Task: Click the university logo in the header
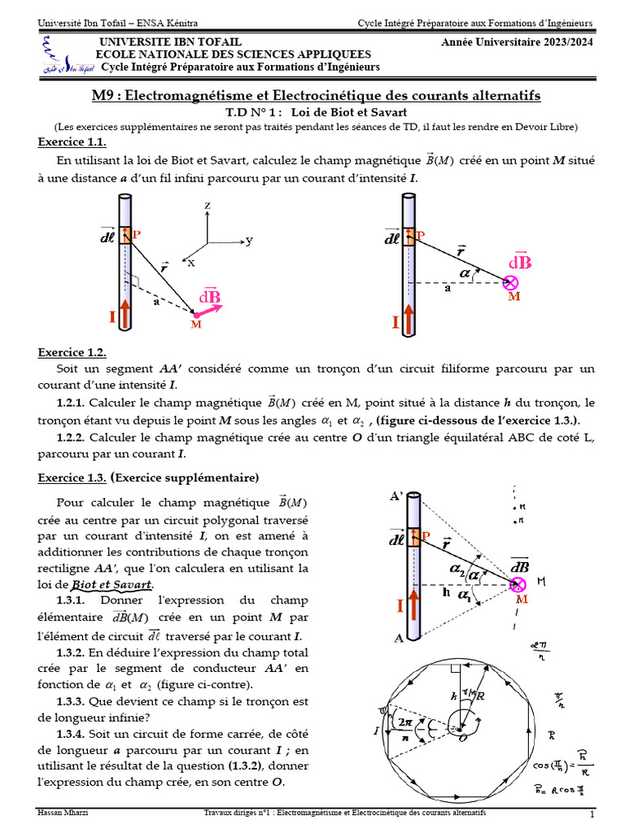[59, 57]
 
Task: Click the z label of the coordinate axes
[208, 207]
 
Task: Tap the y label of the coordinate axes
[249, 241]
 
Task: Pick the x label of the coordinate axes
[191, 263]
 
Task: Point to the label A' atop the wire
[397, 496]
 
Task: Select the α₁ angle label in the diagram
[465, 595]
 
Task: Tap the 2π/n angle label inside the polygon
[402, 728]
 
